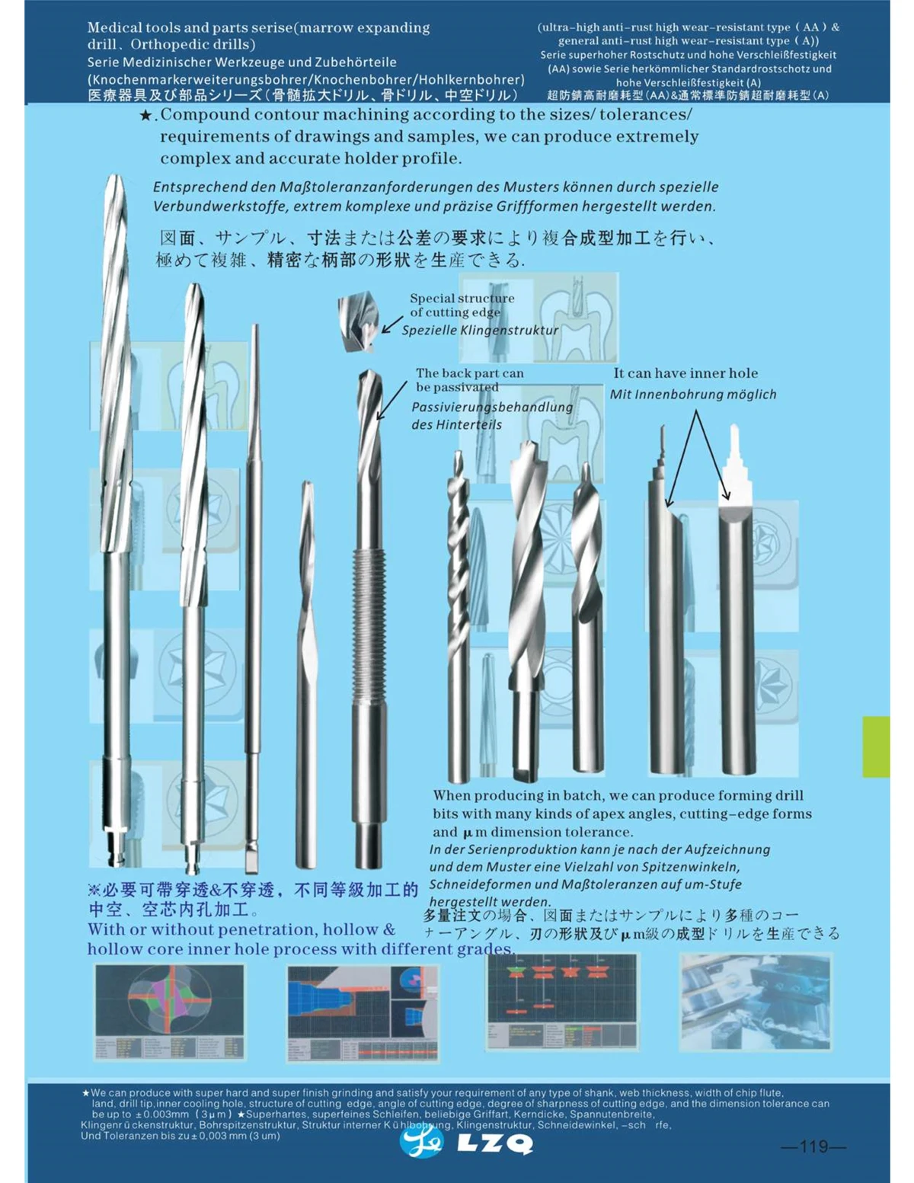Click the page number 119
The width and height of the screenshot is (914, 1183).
tap(813, 1146)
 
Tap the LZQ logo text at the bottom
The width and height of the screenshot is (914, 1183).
tap(495, 1144)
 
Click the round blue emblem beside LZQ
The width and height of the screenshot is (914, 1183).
tap(421, 1140)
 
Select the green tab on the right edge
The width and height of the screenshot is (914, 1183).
tap(876, 747)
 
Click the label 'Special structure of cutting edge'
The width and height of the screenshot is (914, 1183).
tap(462, 305)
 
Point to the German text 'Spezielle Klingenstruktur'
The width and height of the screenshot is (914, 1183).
tap(480, 331)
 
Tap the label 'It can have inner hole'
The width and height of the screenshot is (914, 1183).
tap(685, 373)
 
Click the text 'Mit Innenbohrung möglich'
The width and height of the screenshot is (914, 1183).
tap(692, 395)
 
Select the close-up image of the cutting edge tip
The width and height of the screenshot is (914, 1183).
tap(358, 322)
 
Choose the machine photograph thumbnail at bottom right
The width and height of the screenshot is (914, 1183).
tap(755, 1002)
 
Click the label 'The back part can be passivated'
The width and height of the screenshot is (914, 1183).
tap(469, 379)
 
